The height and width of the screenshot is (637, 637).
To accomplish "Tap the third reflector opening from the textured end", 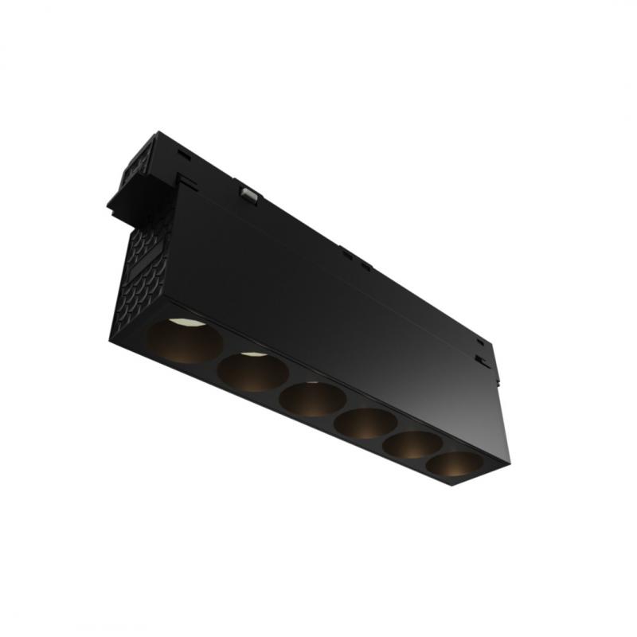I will point(313,399).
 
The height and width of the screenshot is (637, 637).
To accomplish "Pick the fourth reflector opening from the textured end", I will point(365,423).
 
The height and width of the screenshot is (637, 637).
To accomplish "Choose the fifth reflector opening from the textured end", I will point(412,444).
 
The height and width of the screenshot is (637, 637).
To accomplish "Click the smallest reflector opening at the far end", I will point(454,463).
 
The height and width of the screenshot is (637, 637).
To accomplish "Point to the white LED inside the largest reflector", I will point(184,322).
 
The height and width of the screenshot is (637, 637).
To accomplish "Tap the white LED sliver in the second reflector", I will point(253,354).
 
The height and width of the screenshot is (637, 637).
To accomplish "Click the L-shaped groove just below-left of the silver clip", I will point(192,185).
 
